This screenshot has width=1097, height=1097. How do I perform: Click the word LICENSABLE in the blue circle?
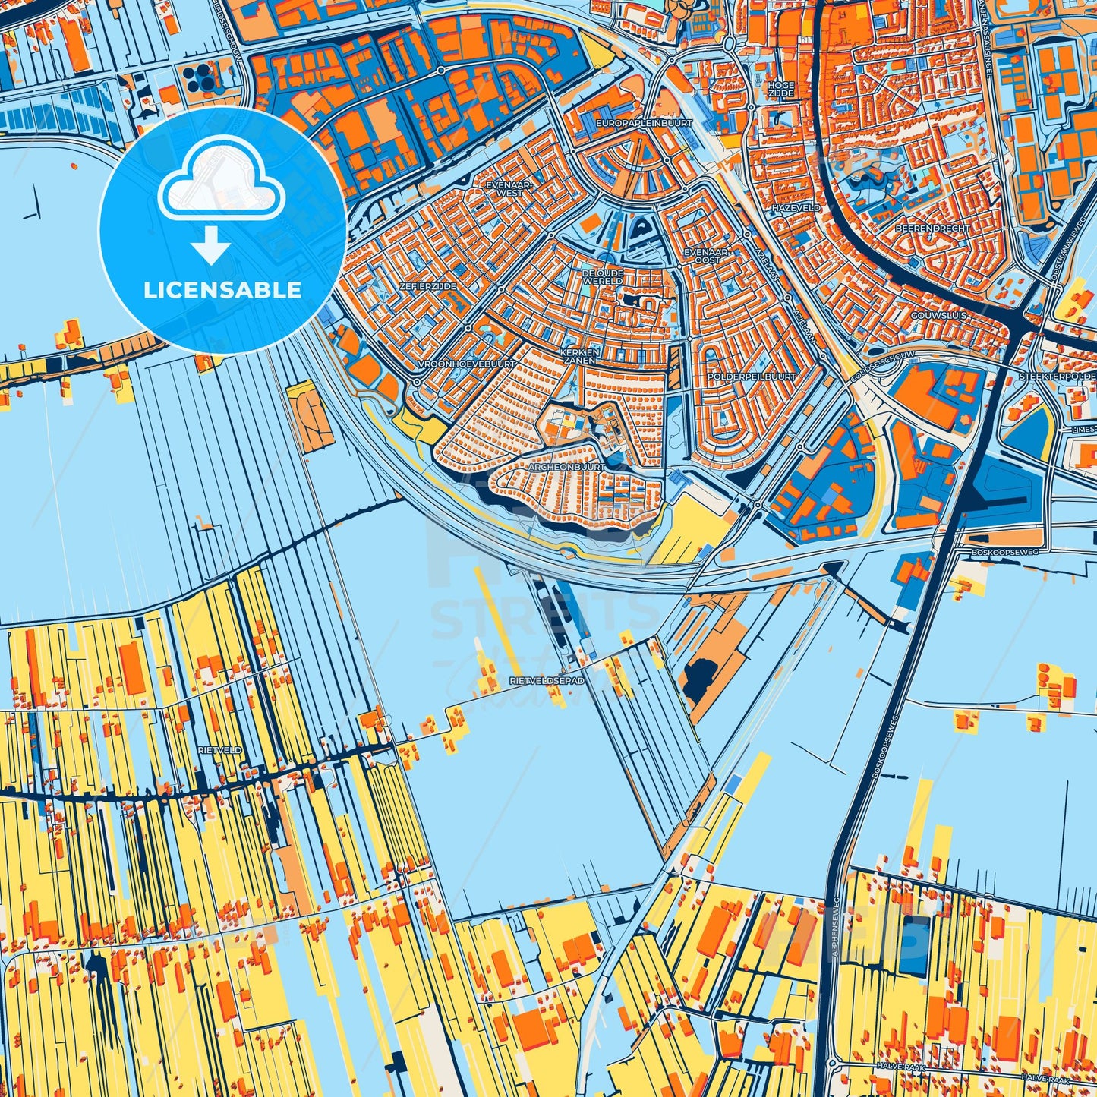click(x=222, y=290)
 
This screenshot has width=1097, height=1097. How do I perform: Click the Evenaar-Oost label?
click(x=706, y=255)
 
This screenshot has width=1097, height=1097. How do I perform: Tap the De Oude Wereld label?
click(x=603, y=276)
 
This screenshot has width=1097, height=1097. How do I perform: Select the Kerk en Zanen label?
click(x=581, y=357)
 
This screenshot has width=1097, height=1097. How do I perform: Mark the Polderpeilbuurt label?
click(x=751, y=376)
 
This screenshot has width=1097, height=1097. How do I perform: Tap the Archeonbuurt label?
click(x=569, y=467)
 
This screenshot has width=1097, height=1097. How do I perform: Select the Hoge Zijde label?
click(x=780, y=89)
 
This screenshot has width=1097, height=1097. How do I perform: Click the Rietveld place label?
click(x=219, y=749)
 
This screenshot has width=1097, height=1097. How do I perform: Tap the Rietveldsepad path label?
click(x=547, y=681)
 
